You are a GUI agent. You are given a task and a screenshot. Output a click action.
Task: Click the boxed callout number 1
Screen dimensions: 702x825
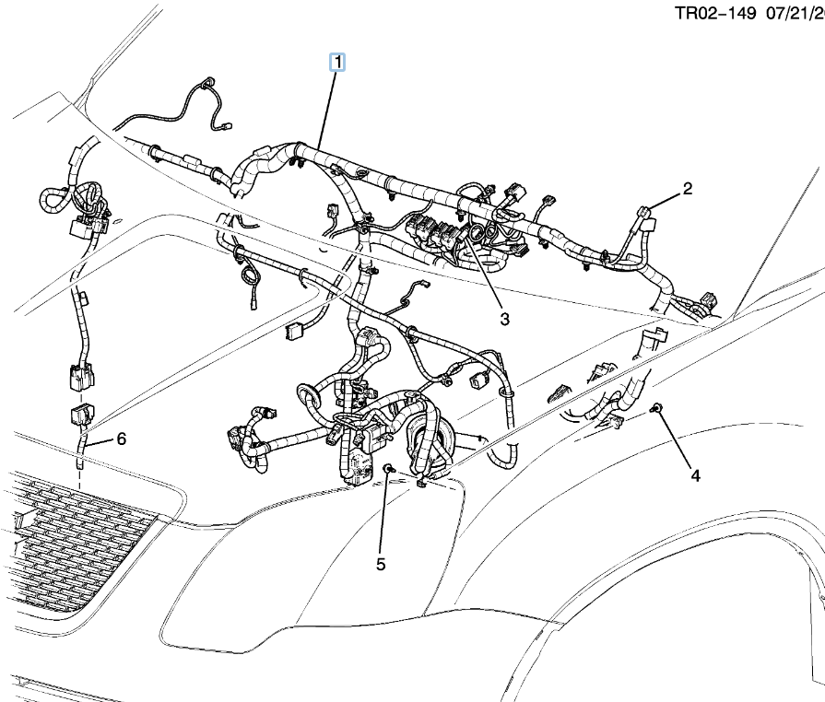pos(337,63)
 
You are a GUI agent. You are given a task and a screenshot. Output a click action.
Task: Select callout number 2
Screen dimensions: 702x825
pos(687,189)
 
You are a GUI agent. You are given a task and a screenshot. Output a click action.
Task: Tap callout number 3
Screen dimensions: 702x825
pos(504,319)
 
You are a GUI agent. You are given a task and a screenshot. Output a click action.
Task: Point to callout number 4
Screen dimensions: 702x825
pos(696,475)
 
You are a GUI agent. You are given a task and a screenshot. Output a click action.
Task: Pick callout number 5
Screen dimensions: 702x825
pos(381,564)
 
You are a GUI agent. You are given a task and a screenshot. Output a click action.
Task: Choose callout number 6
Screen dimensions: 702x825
pos(121,439)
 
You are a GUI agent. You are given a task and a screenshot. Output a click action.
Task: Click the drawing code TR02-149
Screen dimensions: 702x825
pos(713,14)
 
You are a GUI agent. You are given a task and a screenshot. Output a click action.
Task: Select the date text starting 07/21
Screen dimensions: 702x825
pos(796,14)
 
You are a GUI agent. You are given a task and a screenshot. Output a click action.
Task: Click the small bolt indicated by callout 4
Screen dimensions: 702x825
pos(654,407)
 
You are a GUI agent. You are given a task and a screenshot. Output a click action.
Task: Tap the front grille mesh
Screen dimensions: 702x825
pos(74,544)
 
